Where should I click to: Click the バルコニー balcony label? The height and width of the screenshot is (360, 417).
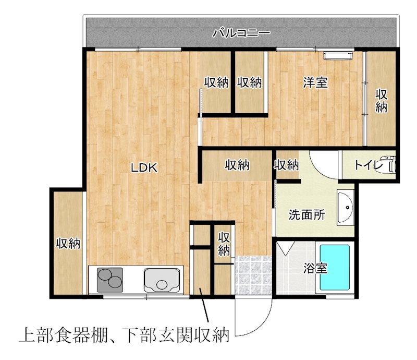coord(241,34)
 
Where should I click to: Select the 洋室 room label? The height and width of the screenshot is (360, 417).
coord(315,82)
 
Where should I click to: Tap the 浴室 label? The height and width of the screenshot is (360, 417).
coord(315,269)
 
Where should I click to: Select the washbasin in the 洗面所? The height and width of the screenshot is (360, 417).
coord(345,207)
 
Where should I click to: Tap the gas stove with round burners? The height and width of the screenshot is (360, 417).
coord(108,280)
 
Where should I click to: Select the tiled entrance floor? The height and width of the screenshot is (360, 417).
coord(252,275)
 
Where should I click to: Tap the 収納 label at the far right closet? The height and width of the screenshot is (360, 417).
coord(382,101)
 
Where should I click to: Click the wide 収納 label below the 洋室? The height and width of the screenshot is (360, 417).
coord(237,165)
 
